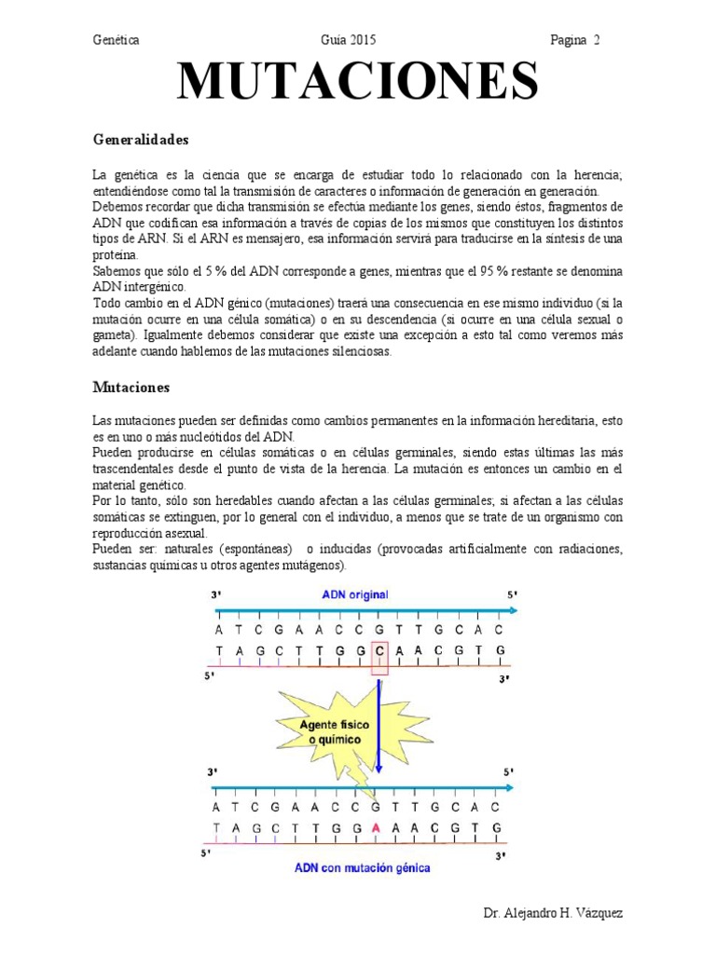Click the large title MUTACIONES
[x=358, y=82]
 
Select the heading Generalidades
[x=141, y=140]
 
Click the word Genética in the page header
[x=117, y=40]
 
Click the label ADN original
[x=355, y=594]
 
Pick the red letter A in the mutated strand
[x=376, y=827]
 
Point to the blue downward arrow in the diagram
[x=379, y=727]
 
